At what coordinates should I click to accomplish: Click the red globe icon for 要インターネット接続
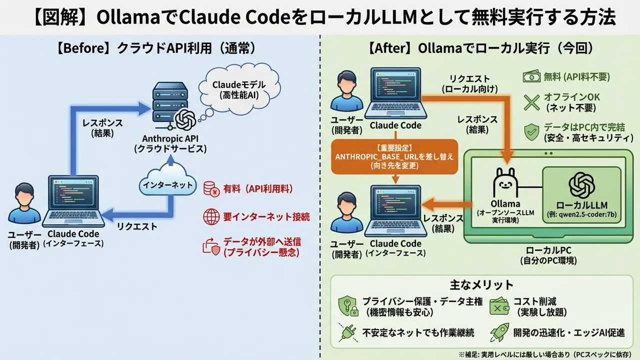(211, 216)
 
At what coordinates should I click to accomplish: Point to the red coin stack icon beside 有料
(210, 189)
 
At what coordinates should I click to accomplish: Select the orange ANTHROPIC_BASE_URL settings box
(395, 156)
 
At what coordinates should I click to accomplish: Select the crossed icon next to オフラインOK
(531, 102)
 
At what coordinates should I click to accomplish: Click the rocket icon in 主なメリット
(500, 331)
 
